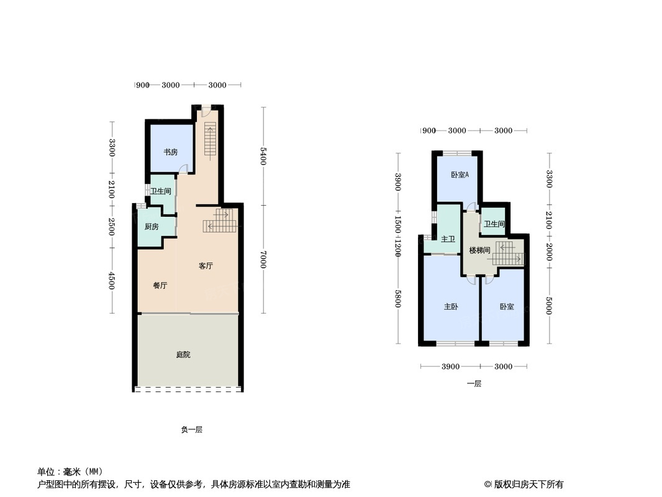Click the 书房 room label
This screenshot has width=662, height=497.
pyautogui.click(x=171, y=152)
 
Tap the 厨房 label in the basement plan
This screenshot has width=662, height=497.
pyautogui.click(x=152, y=227)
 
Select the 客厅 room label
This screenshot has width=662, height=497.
pyautogui.click(x=206, y=266)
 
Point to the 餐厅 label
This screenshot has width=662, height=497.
pyautogui.click(x=160, y=286)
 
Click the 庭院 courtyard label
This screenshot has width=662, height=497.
pyautogui.click(x=183, y=355)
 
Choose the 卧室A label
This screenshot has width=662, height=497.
pyautogui.click(x=460, y=175)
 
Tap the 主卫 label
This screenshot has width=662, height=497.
pyautogui.click(x=448, y=239)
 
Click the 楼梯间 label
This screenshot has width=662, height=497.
pyautogui.click(x=479, y=250)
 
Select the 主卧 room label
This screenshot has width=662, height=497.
pyautogui.click(x=451, y=307)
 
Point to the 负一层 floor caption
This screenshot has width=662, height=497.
pyautogui.click(x=192, y=429)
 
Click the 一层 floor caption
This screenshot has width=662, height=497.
pyautogui.click(x=474, y=383)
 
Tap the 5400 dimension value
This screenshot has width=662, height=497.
pyautogui.click(x=263, y=156)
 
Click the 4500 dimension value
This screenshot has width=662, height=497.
pyautogui.click(x=112, y=280)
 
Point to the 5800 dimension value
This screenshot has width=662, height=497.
pyautogui.click(x=398, y=299)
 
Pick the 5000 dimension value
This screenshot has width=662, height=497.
pyautogui.click(x=548, y=306)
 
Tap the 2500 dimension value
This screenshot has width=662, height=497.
pyautogui.click(x=112, y=227)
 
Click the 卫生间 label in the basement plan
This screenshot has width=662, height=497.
pyautogui.click(x=160, y=192)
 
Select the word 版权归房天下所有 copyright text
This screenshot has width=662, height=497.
pyautogui.click(x=528, y=485)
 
